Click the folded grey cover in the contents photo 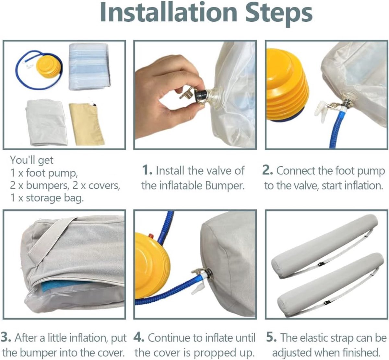point(47,122)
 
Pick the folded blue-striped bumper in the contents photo point(89,66)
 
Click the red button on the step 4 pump point(151,236)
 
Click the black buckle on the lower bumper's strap point(325,303)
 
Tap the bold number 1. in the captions point(147,170)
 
